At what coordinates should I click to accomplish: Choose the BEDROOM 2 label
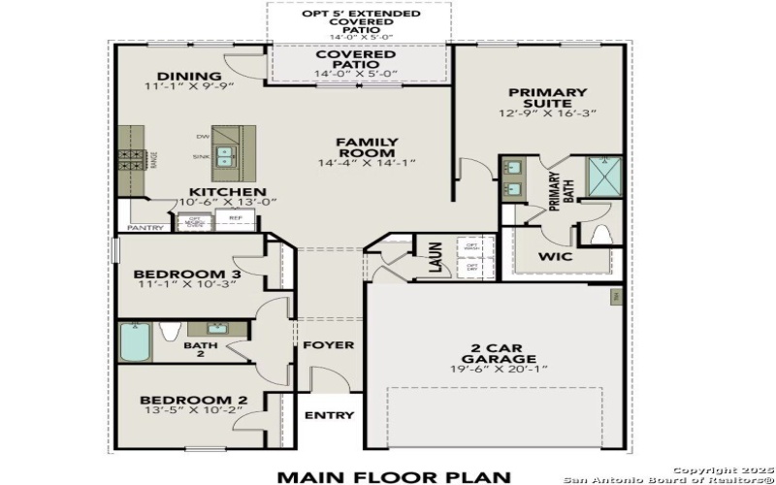pyautogui.click(x=193, y=400)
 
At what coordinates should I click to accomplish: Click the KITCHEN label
pyautogui.click(x=227, y=191)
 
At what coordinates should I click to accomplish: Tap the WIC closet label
pyautogui.click(x=555, y=258)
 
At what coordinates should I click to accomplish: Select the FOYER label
pyautogui.click(x=328, y=345)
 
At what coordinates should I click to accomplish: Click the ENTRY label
pyautogui.click(x=329, y=415)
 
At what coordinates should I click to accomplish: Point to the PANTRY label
pyautogui.click(x=145, y=228)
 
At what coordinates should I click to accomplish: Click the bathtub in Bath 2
pyautogui.click(x=134, y=342)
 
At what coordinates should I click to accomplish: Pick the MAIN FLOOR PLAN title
pyautogui.click(x=393, y=475)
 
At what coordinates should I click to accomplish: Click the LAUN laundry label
pyautogui.click(x=436, y=257)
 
